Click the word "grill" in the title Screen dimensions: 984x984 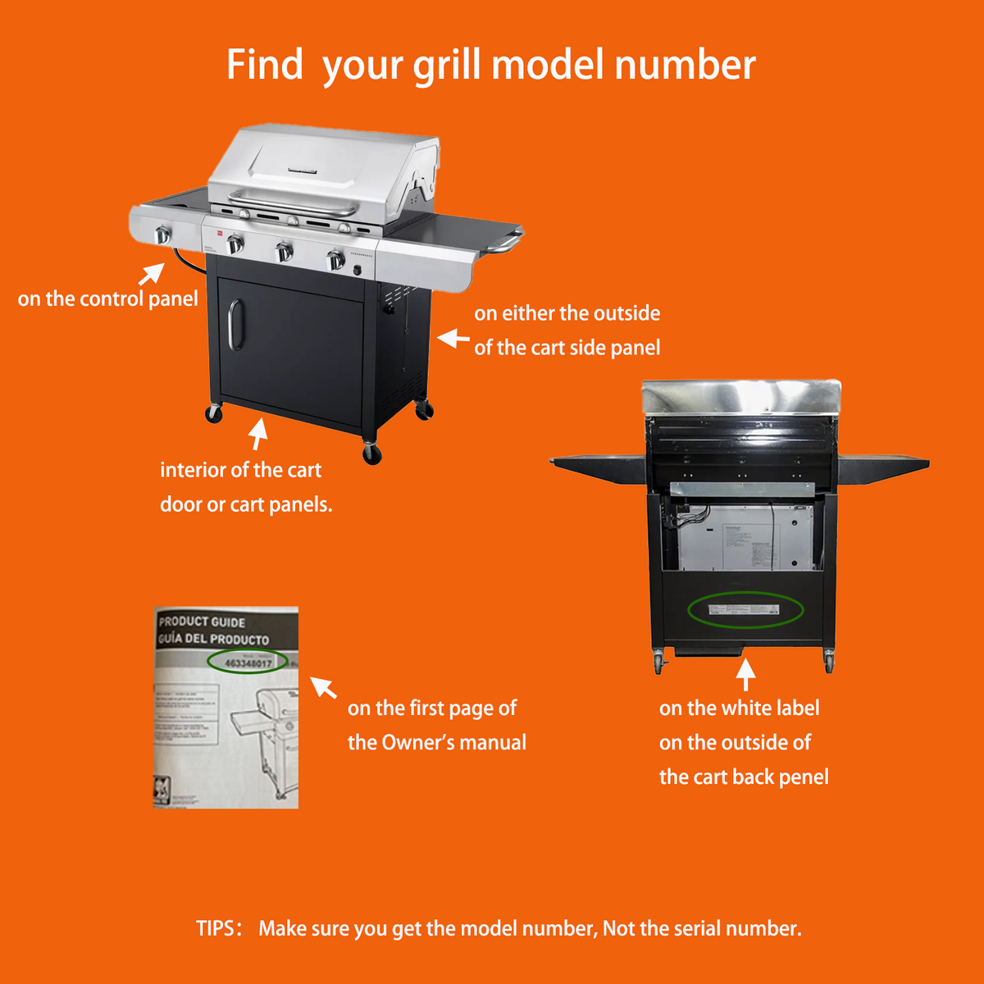pos(448,66)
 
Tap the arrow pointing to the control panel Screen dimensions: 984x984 pos(152,273)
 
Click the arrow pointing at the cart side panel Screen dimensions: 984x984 pos(453,338)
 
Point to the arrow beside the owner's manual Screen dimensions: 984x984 pos(324,687)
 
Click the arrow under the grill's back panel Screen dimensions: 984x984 pos(745,675)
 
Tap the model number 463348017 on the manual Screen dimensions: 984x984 pos(248,663)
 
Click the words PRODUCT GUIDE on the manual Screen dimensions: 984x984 pos(202,622)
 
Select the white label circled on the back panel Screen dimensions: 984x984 pos(745,609)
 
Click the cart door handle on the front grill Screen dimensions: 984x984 pos(235,324)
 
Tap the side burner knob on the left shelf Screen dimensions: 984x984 pos(162,235)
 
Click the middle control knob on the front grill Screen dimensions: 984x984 pos(284,252)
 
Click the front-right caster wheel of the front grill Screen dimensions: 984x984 pos(372,453)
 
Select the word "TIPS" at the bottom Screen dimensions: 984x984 pos(216,928)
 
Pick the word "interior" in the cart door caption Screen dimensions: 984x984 pos(193,470)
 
